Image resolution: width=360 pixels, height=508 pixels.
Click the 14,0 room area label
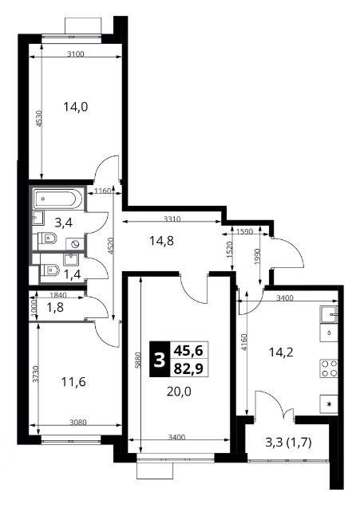pos(76,107)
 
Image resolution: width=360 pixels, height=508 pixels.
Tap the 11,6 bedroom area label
pos(73,382)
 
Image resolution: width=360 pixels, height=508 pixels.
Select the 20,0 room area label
pos(179,392)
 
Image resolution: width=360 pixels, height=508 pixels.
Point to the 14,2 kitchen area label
pos(281,352)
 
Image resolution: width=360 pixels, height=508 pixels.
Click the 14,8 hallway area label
pos(161,241)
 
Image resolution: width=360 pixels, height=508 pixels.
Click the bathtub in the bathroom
pos(58,199)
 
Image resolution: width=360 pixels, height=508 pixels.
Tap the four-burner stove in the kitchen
pos(329,368)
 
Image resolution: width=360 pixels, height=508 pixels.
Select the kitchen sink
pos(329,314)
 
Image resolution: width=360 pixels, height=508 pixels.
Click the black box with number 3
pos(160,360)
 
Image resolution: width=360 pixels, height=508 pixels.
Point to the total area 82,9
pos(188,368)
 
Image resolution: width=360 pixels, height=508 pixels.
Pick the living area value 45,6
pos(188,350)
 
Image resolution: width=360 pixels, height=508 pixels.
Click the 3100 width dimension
pos(75,54)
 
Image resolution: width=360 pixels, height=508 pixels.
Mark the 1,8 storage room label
pos(55,307)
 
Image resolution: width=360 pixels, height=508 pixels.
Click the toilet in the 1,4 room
pos(49,270)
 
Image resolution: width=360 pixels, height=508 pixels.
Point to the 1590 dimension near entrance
pos(246,232)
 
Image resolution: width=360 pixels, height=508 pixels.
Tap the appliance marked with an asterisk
pos(329,404)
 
